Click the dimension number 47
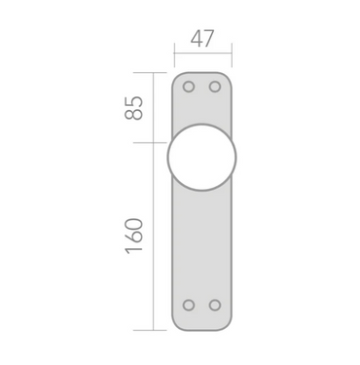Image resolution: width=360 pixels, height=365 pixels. coord(202,39)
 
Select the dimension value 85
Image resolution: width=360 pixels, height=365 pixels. coord(133,108)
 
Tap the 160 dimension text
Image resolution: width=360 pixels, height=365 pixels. coord(133,236)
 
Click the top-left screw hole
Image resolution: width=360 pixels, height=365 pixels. coord(189,87)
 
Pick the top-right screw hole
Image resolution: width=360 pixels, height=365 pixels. coord(215,87)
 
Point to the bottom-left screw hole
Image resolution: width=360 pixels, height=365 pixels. coord(189,306)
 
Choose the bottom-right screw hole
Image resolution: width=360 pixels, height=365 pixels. coord(215,306)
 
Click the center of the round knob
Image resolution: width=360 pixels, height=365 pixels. coord(201,157)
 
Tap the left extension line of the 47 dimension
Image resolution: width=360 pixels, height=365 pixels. coord(174,55)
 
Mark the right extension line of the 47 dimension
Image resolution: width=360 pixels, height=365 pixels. coord(232,55)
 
